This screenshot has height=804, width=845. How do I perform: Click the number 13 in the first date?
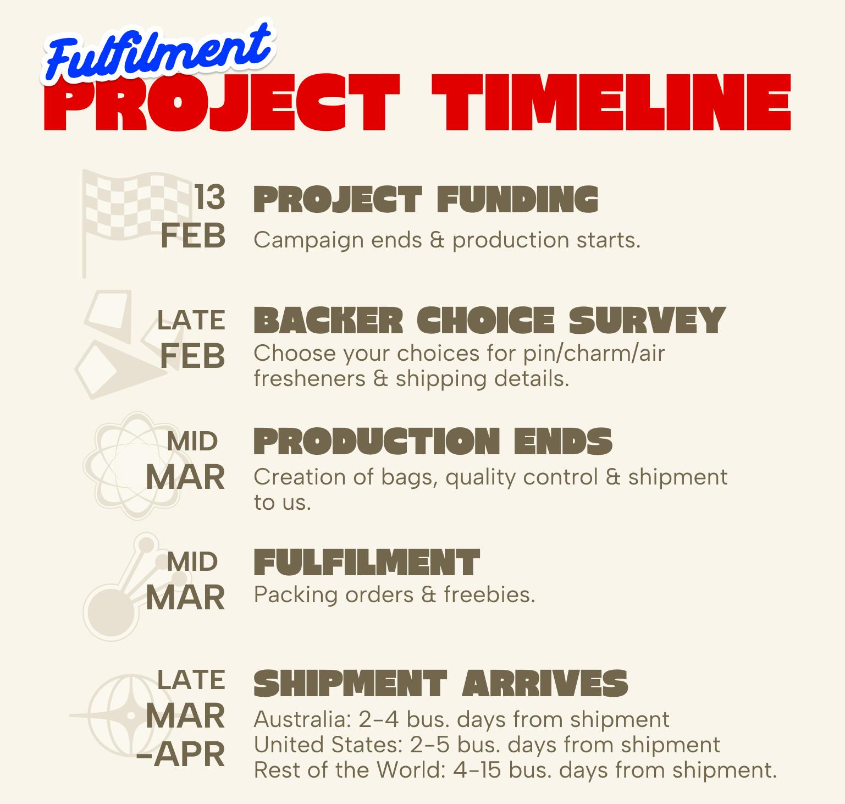(x=209, y=197)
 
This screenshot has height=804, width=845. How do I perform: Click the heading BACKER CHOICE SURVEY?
(x=489, y=320)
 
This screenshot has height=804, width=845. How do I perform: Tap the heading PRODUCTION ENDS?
(x=433, y=441)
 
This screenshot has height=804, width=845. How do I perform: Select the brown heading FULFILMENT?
(x=367, y=562)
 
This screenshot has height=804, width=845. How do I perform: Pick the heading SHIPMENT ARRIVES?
(x=440, y=683)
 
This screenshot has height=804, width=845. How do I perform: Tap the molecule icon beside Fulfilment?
(x=132, y=586)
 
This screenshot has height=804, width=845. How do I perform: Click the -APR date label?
(x=181, y=755)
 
